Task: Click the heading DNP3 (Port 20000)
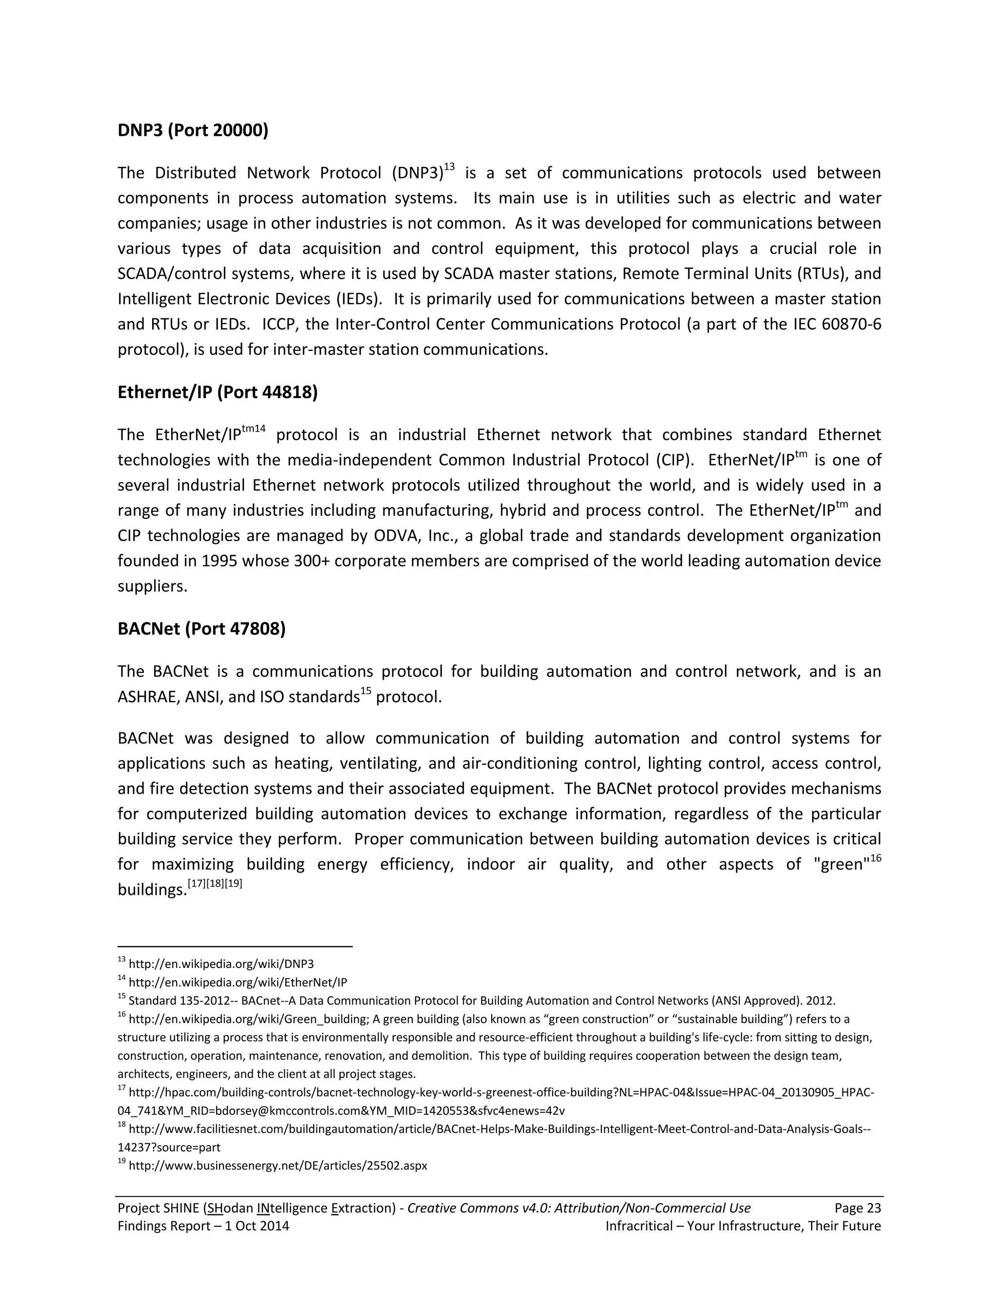193,130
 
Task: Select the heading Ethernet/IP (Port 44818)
217,392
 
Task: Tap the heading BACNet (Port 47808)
201,629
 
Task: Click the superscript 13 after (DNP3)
449,167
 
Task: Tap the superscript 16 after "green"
875,858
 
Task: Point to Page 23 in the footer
858,1208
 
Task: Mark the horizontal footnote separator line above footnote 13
235,947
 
